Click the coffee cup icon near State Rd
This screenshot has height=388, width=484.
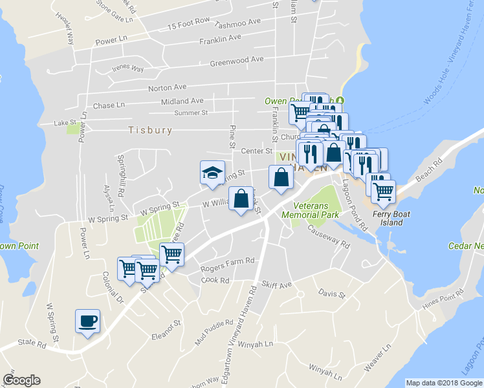[x=88, y=321]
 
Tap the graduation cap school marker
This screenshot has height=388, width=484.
[x=212, y=173]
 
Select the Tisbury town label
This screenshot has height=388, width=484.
[x=150, y=130]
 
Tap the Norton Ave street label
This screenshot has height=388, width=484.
[x=167, y=87]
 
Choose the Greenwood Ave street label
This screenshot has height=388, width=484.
[x=237, y=60]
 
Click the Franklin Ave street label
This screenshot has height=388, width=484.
[x=220, y=38]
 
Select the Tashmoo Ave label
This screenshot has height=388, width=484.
[x=237, y=23]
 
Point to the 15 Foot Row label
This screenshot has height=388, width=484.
[x=188, y=24]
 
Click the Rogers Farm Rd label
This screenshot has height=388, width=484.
[x=227, y=261]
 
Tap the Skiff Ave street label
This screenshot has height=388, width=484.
[x=278, y=285]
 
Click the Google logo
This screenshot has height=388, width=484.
[x=21, y=380]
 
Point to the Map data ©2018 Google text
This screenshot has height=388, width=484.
[x=444, y=383]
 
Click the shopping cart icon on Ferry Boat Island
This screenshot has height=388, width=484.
[x=383, y=190]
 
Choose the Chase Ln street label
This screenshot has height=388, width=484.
[x=109, y=105]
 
